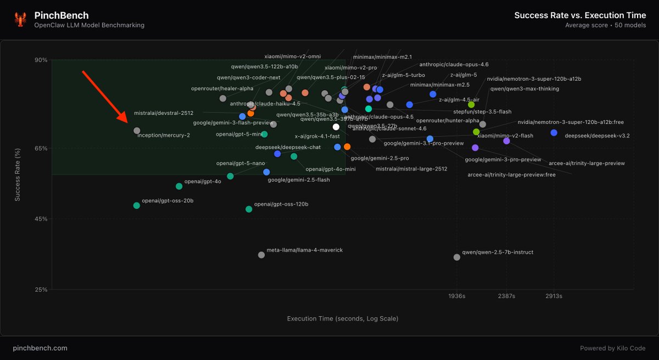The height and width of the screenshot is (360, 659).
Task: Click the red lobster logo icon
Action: tap(21, 20)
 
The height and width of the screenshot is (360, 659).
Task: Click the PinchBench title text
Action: tap(61, 15)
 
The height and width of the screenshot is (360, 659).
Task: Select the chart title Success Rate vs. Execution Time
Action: tap(580, 15)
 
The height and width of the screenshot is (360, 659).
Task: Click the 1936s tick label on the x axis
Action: tap(457, 296)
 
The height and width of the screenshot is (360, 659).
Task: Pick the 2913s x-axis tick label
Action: tap(554, 296)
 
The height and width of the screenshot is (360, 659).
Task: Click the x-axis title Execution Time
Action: tap(343, 318)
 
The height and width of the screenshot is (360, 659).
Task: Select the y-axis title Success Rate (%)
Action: tap(18, 175)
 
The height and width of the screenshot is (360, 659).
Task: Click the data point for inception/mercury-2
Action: tap(137, 131)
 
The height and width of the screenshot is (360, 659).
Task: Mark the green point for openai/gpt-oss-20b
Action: tap(136, 206)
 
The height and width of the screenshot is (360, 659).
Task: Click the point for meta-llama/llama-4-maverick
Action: tap(261, 255)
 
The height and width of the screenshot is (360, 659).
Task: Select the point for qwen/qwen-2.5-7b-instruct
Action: tap(457, 257)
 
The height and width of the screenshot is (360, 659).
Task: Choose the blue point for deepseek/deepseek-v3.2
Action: tap(554, 133)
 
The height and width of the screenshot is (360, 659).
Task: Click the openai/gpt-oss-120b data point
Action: tap(249, 209)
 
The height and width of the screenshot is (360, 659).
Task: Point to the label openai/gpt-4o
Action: tap(202, 181)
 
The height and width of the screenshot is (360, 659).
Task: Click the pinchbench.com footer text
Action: tap(40, 348)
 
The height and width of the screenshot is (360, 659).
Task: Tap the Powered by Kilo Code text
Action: tap(613, 348)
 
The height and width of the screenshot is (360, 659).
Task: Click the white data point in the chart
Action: tap(336, 127)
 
